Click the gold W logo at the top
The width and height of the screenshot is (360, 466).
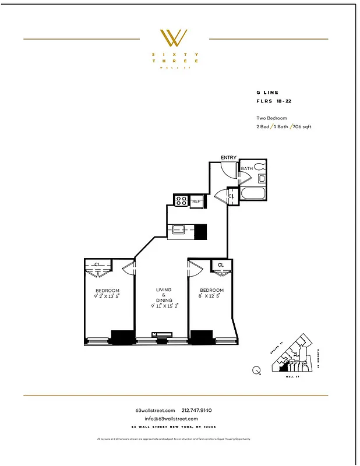click(x=174, y=38)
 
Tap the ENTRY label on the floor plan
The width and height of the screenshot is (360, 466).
click(x=228, y=158)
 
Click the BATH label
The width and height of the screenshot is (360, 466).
click(x=247, y=169)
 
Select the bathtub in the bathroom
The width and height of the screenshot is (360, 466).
click(x=253, y=195)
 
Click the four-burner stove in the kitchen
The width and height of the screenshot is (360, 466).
click(x=181, y=202)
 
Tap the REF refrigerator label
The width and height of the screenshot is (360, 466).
click(x=196, y=202)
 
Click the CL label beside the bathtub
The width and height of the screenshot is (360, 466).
click(x=231, y=197)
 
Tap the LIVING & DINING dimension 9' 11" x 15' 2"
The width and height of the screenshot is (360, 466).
click(x=164, y=305)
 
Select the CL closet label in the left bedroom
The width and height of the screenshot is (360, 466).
click(x=98, y=265)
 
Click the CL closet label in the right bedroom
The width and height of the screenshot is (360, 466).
click(x=221, y=266)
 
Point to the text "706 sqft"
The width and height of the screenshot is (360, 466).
click(x=302, y=126)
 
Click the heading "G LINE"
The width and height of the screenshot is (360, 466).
click(x=267, y=93)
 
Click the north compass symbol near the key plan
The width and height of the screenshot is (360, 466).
click(x=256, y=369)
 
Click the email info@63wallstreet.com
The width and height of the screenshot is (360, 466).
click(x=167, y=419)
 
